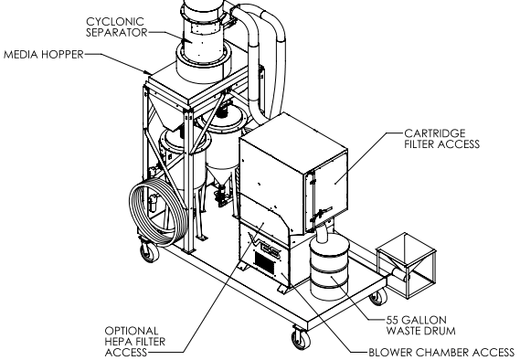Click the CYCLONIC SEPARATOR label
(x=116, y=26)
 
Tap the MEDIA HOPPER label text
(x=44, y=54)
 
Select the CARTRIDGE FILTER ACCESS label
(x=441, y=139)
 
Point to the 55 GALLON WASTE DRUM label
(x=420, y=325)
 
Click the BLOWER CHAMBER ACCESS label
(x=441, y=352)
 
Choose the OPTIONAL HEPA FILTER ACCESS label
(x=135, y=342)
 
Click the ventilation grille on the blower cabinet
(x=265, y=262)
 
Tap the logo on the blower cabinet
(x=265, y=248)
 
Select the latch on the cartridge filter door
(x=321, y=214)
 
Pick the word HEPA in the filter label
(x=120, y=342)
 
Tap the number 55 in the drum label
(x=392, y=320)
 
